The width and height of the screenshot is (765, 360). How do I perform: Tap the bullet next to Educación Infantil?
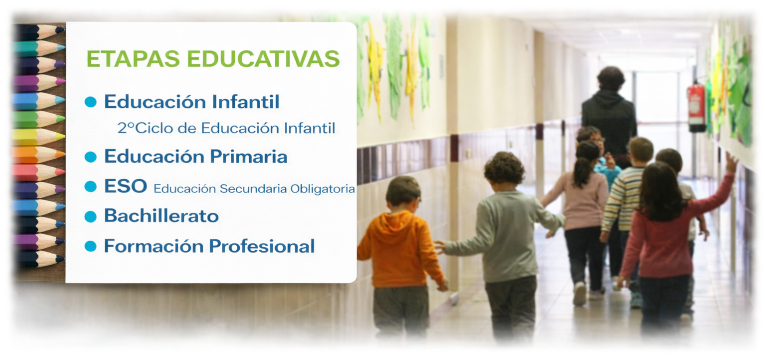pos(90,102)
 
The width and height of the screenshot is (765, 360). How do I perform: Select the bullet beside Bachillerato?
pos(90,216)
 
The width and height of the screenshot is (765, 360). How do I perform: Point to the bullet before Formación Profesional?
pos(90,246)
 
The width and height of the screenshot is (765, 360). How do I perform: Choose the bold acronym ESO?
pos(125,186)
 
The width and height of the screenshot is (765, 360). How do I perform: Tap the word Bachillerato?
pos(161,216)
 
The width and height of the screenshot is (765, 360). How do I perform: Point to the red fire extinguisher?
pos(696,107)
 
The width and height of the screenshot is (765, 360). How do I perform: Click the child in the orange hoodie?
pos(402,249)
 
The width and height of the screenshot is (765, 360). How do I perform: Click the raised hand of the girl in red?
pos(731,163)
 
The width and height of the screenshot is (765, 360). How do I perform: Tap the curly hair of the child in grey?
pos(504,168)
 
